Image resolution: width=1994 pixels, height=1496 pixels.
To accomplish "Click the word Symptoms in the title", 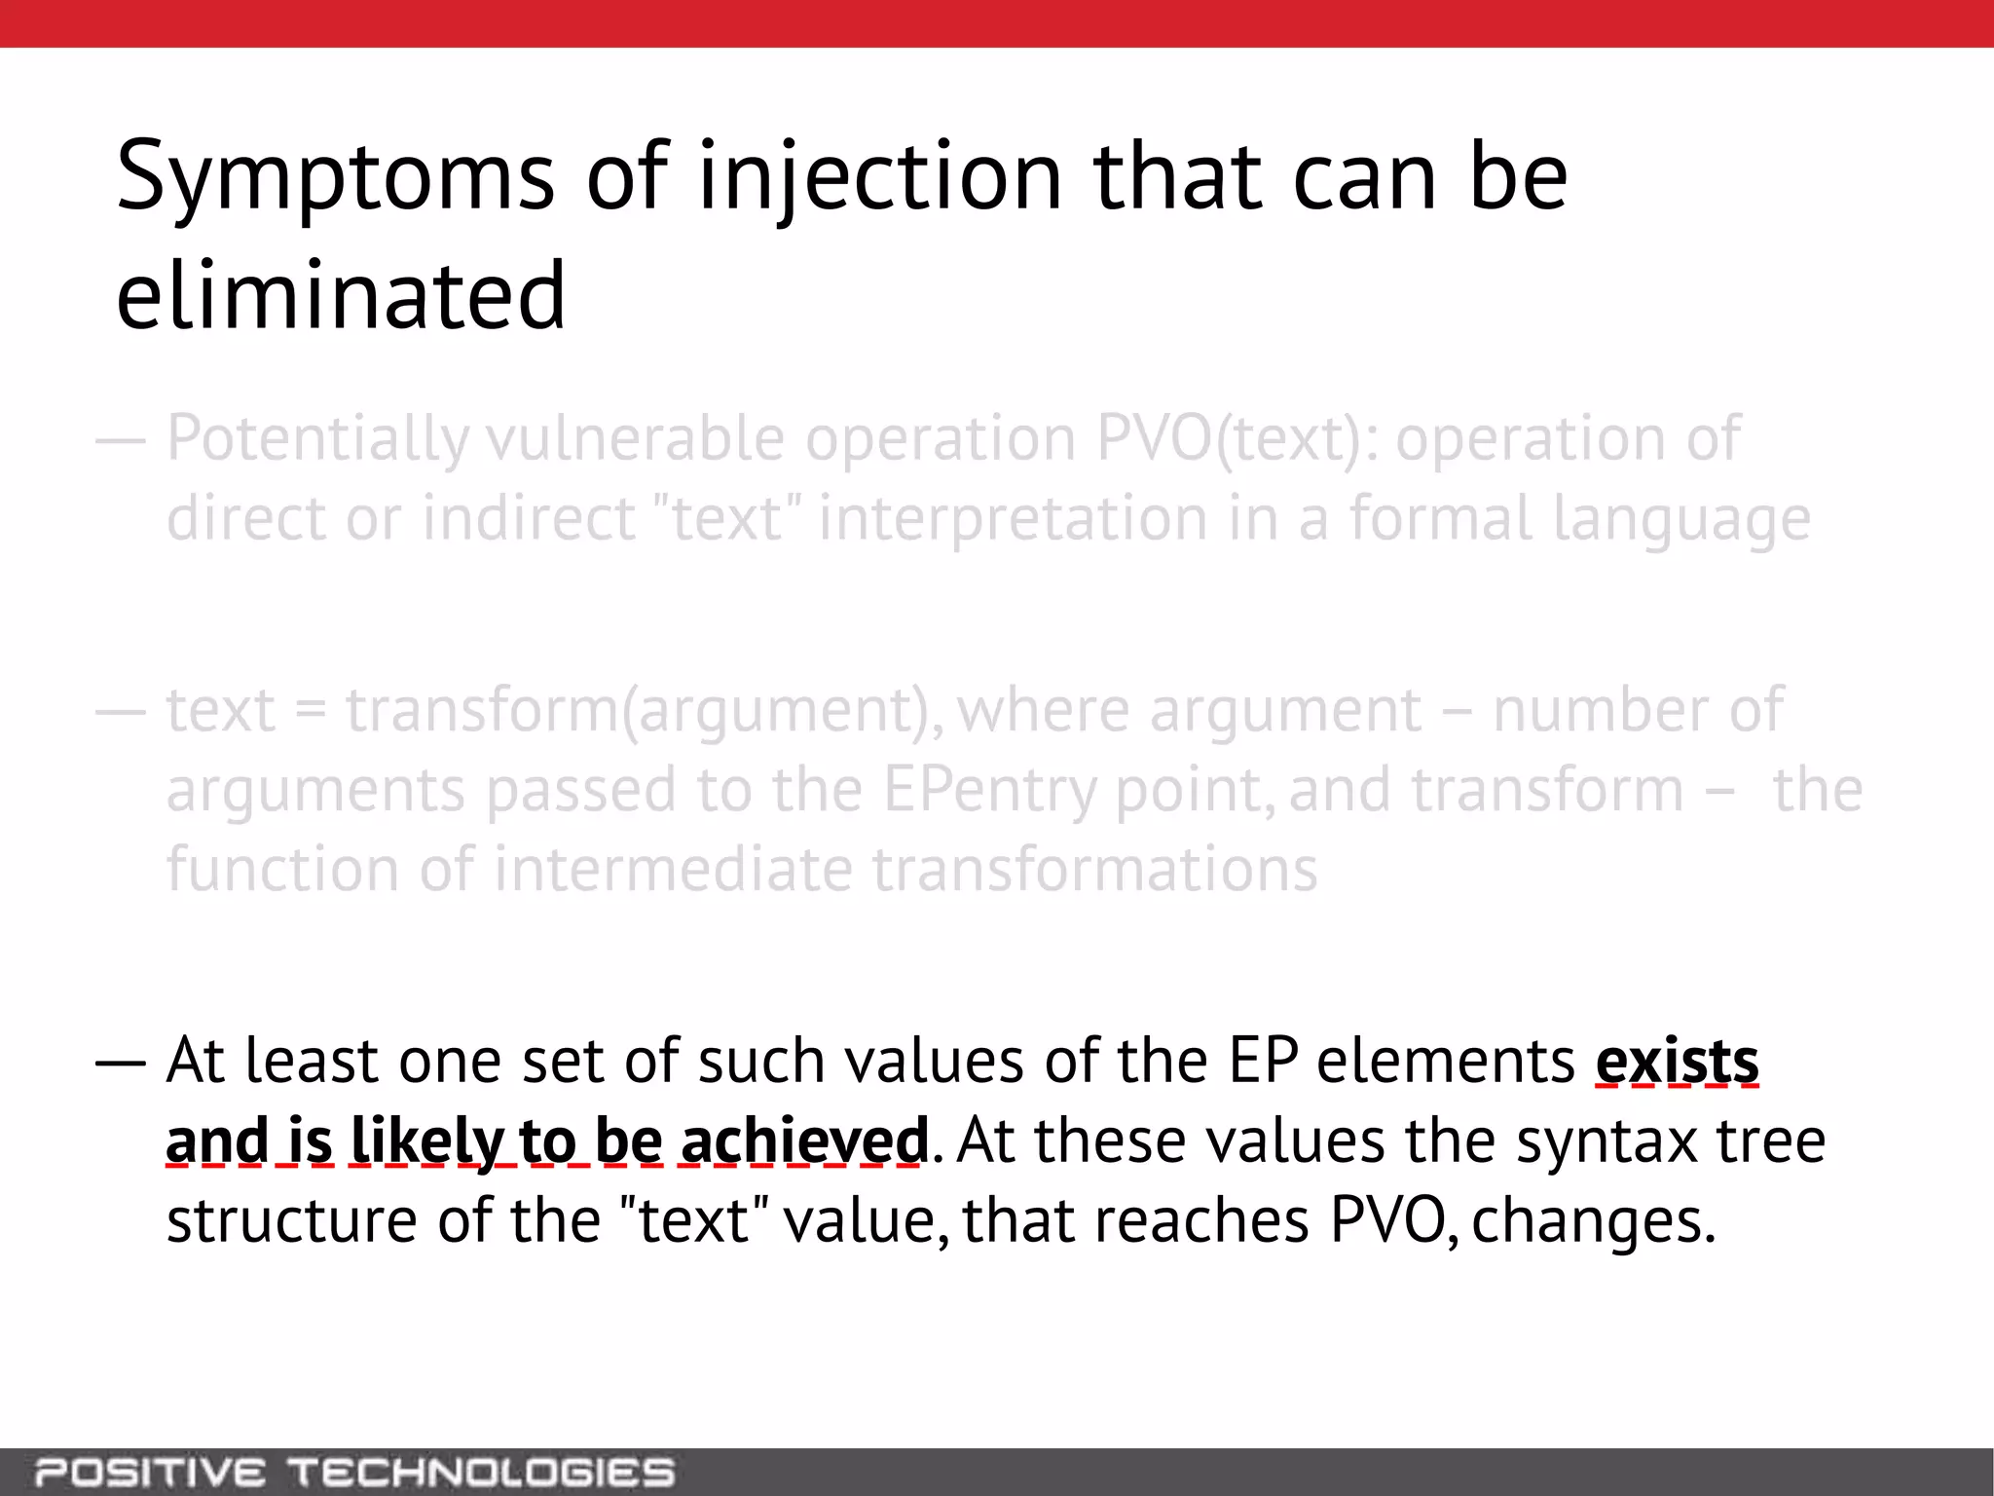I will [335, 177].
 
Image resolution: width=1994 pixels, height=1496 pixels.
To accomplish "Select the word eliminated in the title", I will [341, 295].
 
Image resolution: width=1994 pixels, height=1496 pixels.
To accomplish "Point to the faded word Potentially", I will [317, 439].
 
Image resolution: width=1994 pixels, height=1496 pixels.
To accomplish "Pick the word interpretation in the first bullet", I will [1013, 519].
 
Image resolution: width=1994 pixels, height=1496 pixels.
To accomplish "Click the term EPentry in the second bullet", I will [989, 790].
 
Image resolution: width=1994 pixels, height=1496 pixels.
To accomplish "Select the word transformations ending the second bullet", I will [1094, 869].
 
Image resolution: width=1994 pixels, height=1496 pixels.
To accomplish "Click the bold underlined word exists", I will [1677, 1061].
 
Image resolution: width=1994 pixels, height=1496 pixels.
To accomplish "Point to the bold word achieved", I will [804, 1141].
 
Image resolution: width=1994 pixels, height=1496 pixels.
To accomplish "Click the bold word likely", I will [426, 1141].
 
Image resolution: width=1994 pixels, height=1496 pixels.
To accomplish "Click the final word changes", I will [1593, 1220].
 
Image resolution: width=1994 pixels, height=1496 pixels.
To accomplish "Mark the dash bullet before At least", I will [120, 1063].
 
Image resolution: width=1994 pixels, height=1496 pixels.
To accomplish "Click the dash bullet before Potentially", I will [120, 441].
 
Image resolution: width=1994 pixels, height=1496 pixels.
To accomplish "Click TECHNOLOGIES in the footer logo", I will [481, 1472].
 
